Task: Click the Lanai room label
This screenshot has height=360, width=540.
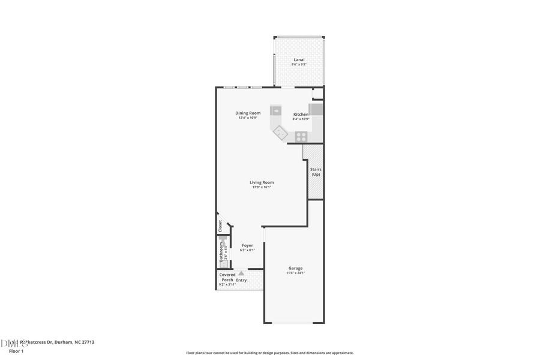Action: tap(299, 59)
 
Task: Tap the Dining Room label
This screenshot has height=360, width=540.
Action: tap(248, 113)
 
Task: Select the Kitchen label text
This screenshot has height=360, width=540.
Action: tap(301, 114)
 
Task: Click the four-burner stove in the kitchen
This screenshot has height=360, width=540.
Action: tap(301, 136)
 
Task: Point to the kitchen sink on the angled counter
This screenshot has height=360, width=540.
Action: tap(280, 133)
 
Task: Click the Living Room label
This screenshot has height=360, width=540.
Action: tap(262, 182)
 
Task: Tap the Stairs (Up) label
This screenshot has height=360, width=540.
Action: tap(316, 172)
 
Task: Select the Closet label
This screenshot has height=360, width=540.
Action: tap(220, 226)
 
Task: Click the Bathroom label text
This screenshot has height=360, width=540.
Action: tap(221, 251)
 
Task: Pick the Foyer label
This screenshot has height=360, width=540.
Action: tap(247, 245)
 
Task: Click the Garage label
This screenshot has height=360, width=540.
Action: tap(295, 268)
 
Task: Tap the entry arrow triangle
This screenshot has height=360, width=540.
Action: tap(241, 274)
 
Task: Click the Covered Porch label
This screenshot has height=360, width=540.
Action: tap(227, 277)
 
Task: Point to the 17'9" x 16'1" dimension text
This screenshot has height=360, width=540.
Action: tap(262, 187)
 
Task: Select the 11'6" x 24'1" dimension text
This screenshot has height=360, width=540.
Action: tap(295, 273)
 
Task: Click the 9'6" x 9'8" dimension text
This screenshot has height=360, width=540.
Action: tap(299, 64)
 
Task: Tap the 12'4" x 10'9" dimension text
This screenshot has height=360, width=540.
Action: tap(248, 118)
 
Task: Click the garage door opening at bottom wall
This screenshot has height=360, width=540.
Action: tap(294, 323)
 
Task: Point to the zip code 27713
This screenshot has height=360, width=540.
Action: tap(87, 342)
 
